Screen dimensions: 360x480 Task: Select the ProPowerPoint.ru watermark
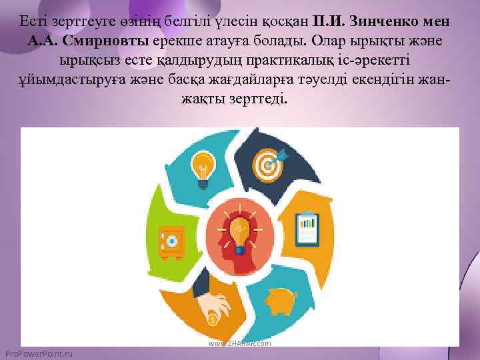tap(38, 353)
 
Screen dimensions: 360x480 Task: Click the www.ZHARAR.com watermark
tap(240, 343)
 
